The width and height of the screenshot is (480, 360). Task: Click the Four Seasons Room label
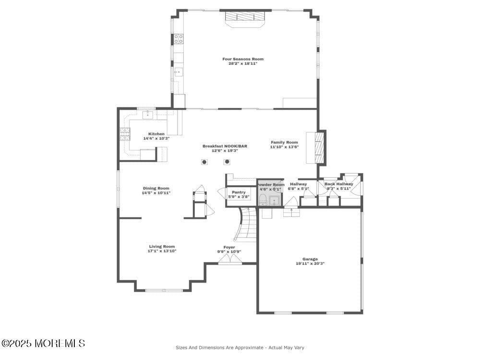(x=242, y=59)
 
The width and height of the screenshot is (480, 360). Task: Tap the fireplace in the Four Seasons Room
(x=245, y=17)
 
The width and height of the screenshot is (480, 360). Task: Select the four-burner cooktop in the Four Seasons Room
(x=178, y=38)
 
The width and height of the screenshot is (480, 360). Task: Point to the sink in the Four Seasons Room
(x=178, y=72)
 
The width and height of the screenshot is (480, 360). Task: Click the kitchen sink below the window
(x=148, y=114)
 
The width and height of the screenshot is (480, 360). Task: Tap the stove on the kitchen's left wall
(x=124, y=133)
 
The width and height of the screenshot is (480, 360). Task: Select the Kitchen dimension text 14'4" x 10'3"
(x=156, y=138)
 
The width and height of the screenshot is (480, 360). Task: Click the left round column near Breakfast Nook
(x=204, y=162)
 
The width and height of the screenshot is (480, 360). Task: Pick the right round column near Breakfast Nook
(x=227, y=162)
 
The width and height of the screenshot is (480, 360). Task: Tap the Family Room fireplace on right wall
(x=320, y=147)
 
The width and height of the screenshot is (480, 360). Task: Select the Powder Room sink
(x=275, y=200)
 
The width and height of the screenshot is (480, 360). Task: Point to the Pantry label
(x=239, y=192)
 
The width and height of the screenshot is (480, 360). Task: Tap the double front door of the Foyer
(x=230, y=260)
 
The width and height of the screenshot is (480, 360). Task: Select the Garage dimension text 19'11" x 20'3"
(x=310, y=263)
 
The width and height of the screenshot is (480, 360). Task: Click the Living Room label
(x=162, y=246)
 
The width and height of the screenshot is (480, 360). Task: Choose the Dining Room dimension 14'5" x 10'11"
(x=156, y=193)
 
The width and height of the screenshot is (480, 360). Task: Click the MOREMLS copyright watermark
(x=43, y=343)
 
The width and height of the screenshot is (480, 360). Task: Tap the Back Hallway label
(x=338, y=184)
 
